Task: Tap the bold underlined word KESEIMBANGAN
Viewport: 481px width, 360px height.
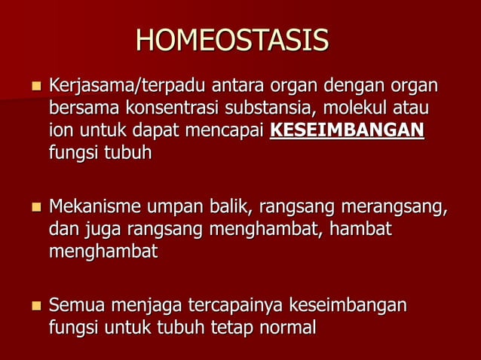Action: [x=347, y=130]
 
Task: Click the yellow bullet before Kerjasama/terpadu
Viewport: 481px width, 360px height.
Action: [x=34, y=86]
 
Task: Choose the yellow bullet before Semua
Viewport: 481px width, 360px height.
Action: [x=34, y=306]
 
